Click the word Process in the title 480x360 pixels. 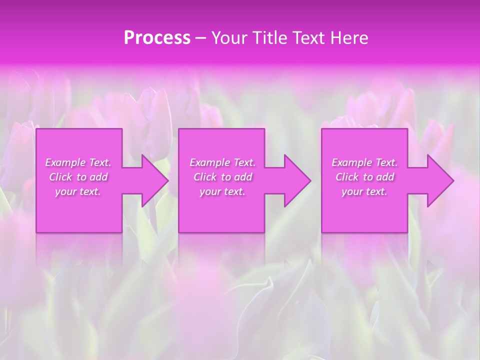click(x=157, y=38)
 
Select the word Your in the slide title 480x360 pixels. click(x=229, y=38)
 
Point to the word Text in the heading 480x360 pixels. click(x=308, y=38)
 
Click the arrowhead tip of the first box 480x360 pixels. click(x=168, y=180)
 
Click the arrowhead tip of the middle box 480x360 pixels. click(x=310, y=180)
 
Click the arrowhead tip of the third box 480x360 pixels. click(x=453, y=180)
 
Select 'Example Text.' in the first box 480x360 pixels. click(x=78, y=162)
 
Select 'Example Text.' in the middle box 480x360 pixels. click(x=222, y=162)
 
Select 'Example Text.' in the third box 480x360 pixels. click(x=364, y=162)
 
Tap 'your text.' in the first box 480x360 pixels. click(x=78, y=191)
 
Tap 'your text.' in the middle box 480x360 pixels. click(x=222, y=191)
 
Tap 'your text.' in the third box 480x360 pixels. click(x=364, y=191)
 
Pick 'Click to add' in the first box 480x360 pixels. click(x=78, y=177)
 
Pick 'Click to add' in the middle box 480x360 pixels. click(x=222, y=177)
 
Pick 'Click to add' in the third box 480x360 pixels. click(x=364, y=177)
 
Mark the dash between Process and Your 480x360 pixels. click(x=200, y=38)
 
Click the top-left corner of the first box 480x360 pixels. click(x=36, y=129)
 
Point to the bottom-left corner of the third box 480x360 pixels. click(x=322, y=232)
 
